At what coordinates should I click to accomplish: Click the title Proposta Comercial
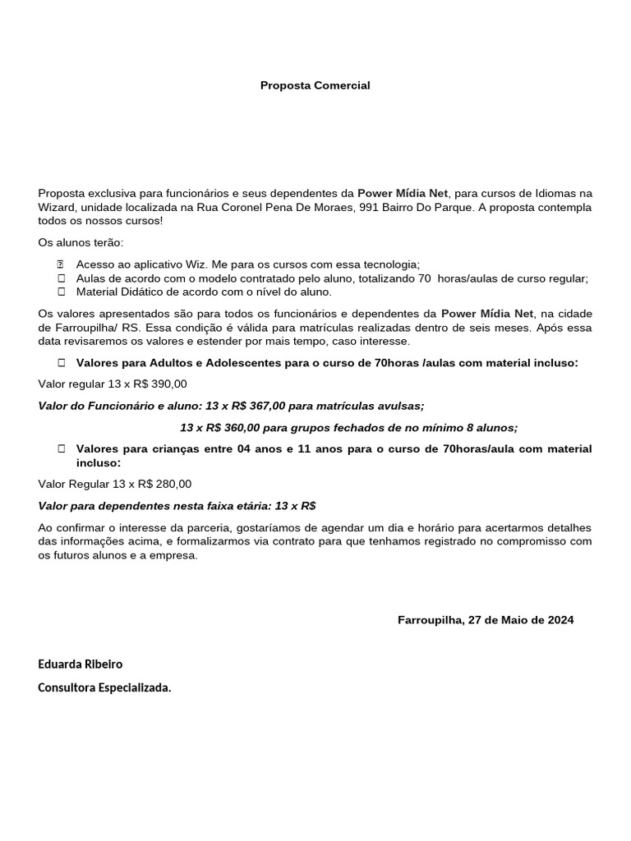315,85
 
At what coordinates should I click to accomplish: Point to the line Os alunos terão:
81,242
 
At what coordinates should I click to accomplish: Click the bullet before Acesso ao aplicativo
61,264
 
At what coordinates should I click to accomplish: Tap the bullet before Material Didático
61,292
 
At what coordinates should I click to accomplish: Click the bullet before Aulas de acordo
61,278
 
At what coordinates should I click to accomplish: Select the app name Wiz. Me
188,264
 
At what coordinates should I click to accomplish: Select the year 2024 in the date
559,620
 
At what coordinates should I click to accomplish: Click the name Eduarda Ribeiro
81,664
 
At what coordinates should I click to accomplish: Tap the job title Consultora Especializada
105,688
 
